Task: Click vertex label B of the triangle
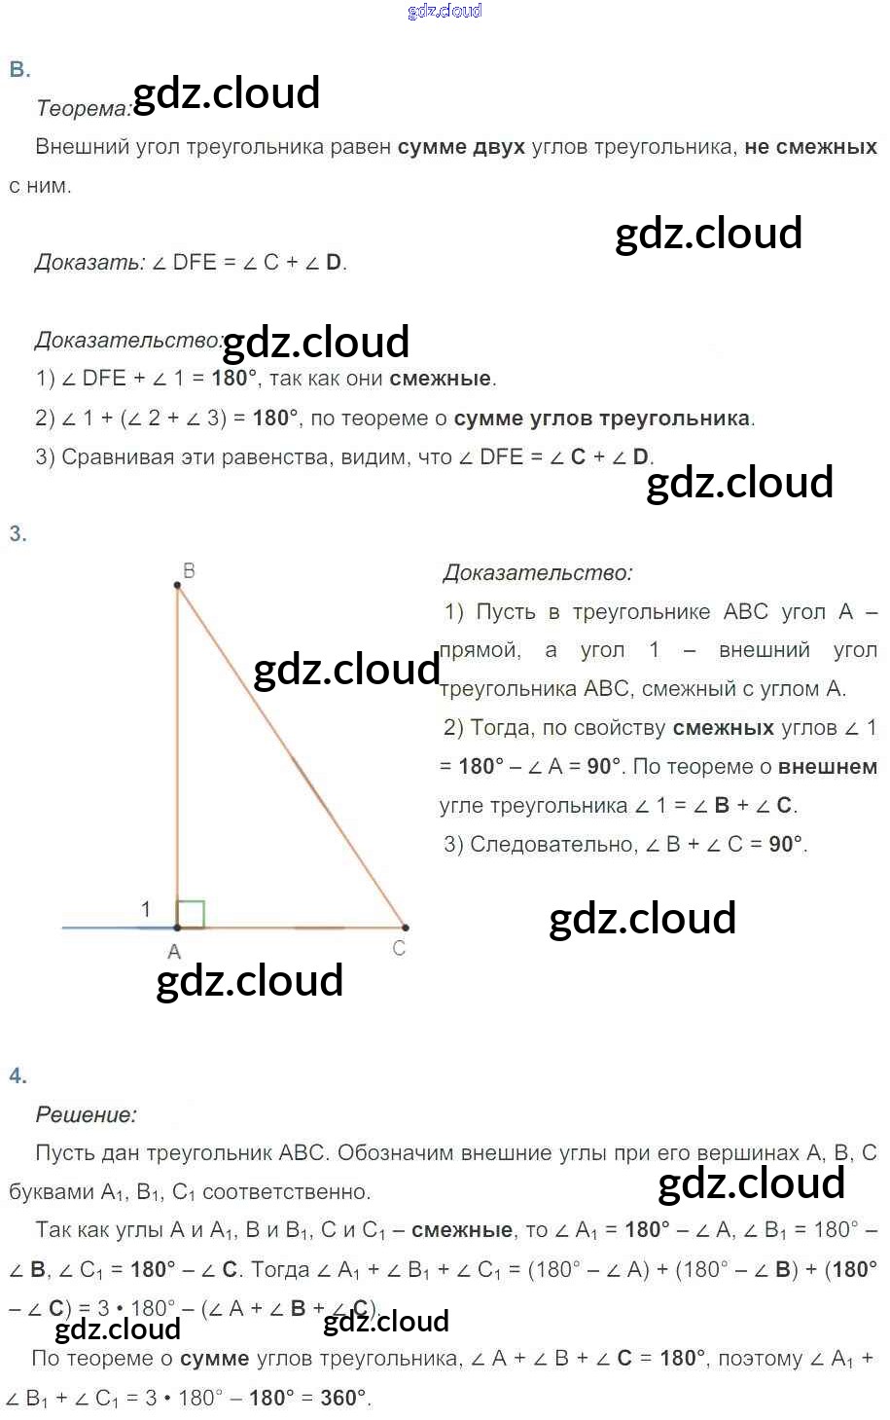point(189,570)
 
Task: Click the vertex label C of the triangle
point(399,948)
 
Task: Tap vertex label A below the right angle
point(174,952)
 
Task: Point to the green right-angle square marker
point(191,914)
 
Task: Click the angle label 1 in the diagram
point(146,909)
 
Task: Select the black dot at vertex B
point(177,586)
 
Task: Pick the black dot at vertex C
point(405,928)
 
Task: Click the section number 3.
point(18,533)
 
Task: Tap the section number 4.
point(18,1075)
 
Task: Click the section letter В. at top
point(19,69)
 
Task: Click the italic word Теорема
point(83,108)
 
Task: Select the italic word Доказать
point(89,262)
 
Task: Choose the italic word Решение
point(86,1114)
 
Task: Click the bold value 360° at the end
point(344,1398)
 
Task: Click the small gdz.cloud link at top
point(445,11)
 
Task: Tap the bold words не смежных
point(810,147)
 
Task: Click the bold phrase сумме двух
point(461,147)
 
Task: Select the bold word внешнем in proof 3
point(828,767)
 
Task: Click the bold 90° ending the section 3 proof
point(786,844)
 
